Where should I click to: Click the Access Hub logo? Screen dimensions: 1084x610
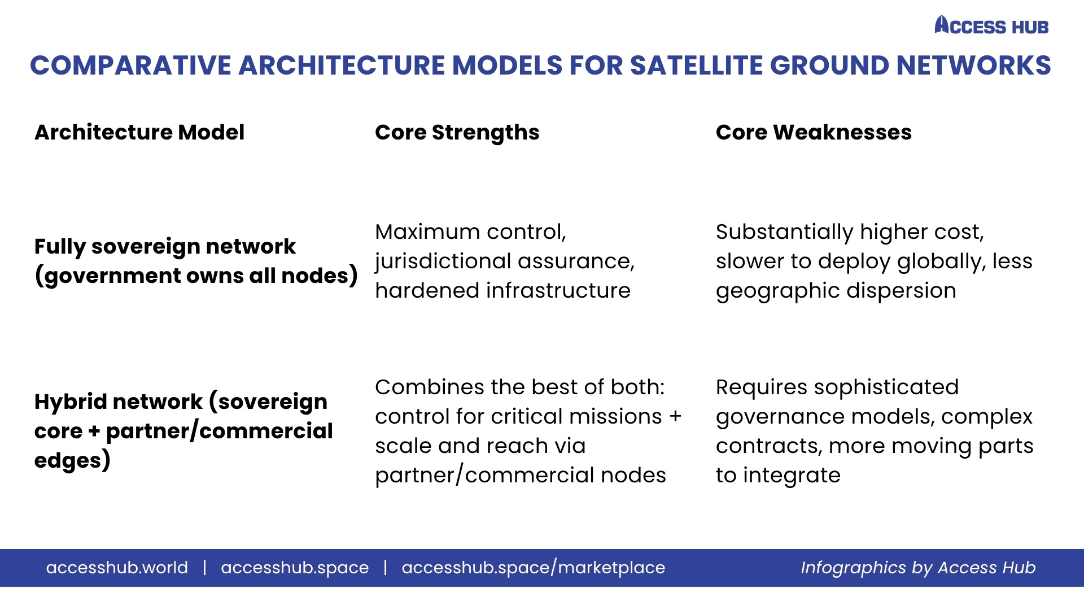tap(991, 25)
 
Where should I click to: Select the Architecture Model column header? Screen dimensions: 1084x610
tap(139, 132)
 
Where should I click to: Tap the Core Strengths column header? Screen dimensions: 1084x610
tap(457, 133)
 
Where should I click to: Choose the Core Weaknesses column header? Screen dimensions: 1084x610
tap(814, 132)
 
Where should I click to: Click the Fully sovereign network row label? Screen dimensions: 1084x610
tap(196, 261)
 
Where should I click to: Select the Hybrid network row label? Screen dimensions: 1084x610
tap(183, 431)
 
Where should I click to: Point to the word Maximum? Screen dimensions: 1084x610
tap(427, 232)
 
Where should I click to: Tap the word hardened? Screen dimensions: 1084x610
tap(427, 290)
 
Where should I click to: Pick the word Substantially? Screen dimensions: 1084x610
tap(785, 232)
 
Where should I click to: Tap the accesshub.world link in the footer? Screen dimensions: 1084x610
tap(117, 567)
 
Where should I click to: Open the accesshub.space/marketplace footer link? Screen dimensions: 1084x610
tap(534, 568)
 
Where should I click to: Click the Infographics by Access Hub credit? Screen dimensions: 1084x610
tap(918, 568)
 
